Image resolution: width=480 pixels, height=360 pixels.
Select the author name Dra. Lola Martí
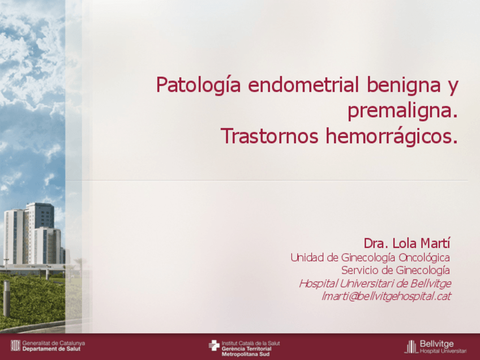click(x=406, y=243)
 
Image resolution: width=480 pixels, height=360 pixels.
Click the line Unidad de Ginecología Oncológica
click(x=370, y=258)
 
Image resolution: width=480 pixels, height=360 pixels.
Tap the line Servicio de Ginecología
click(x=396, y=270)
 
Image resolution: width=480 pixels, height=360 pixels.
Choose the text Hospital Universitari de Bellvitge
click(x=375, y=283)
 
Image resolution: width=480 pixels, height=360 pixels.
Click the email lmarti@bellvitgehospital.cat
click(x=385, y=295)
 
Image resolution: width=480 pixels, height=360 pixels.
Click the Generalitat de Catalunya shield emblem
click(x=16, y=345)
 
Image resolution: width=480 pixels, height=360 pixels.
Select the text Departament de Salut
click(x=52, y=349)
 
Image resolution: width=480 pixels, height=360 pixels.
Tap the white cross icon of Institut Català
click(x=213, y=345)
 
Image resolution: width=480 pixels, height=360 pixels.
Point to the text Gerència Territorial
click(x=246, y=348)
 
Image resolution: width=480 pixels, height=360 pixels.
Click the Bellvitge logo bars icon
click(x=410, y=346)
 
